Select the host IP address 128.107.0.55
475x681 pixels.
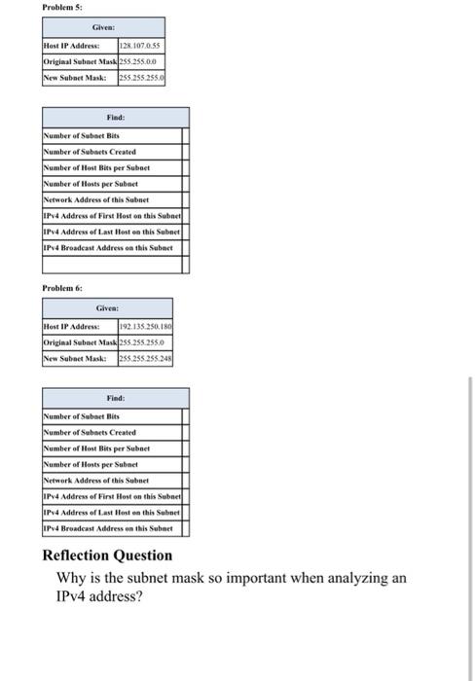pos(140,46)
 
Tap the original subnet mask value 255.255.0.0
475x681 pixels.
pos(139,60)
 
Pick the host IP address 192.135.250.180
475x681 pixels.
pos(145,328)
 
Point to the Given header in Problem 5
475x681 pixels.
pos(103,29)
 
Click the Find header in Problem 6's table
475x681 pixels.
pos(115,398)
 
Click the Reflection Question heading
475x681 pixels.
pos(107,556)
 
